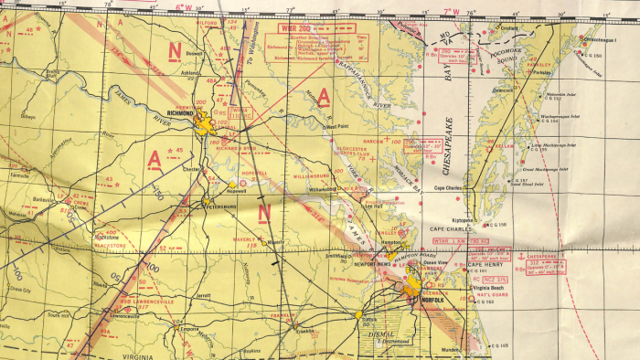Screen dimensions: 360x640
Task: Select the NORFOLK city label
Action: click(433, 301)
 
